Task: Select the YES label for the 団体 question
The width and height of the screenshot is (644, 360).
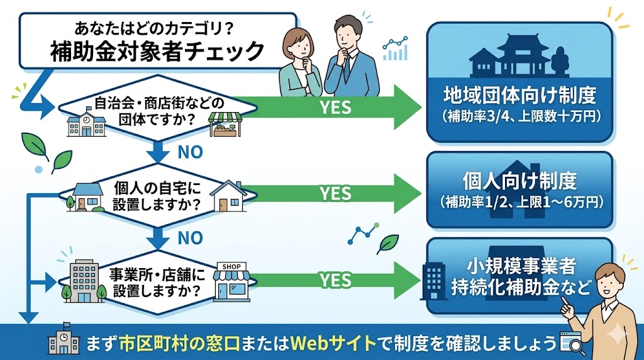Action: pyautogui.click(x=335, y=108)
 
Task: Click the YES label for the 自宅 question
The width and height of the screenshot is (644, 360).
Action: pyautogui.click(x=335, y=193)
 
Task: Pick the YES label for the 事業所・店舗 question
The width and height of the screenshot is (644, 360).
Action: pyautogui.click(x=335, y=279)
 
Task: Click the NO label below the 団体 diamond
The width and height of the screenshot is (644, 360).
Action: pyautogui.click(x=190, y=151)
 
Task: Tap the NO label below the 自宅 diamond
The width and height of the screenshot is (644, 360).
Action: pyautogui.click(x=190, y=238)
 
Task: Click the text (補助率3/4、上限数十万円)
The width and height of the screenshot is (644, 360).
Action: pyautogui.click(x=519, y=117)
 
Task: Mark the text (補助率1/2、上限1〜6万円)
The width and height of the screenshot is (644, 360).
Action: pyautogui.click(x=519, y=202)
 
